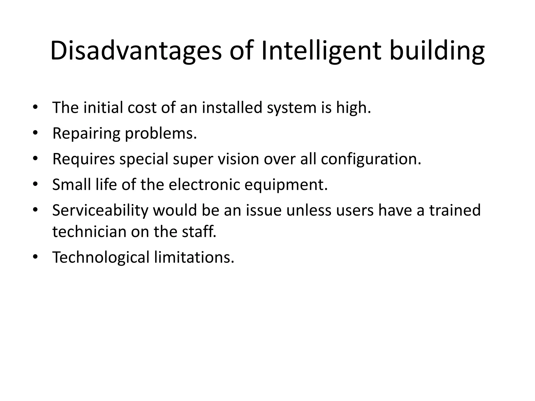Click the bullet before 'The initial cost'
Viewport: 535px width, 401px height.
35,108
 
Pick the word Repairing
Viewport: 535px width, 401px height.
86,133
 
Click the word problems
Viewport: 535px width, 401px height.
161,133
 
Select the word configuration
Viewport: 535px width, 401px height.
371,159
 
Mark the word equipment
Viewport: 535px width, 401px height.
286,185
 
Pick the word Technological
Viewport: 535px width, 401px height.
101,257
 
